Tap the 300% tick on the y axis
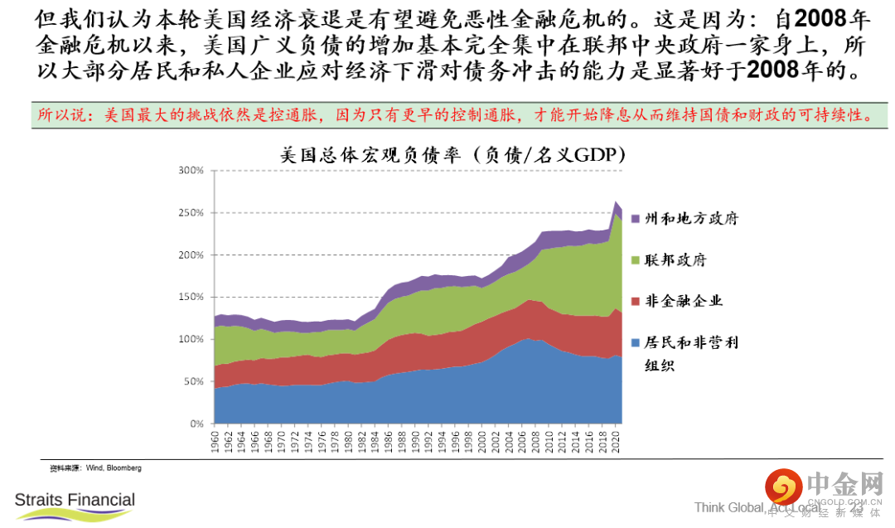(x=191, y=171)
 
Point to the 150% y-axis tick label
(x=191, y=297)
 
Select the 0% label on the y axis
(x=196, y=424)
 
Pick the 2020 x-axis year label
(x=616, y=441)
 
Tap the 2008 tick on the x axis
(x=536, y=441)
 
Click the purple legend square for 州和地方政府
(x=636, y=219)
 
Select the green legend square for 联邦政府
(x=636, y=260)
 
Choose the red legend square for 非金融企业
(x=636, y=301)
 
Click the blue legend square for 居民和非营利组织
(x=636, y=342)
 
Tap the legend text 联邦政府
(x=676, y=260)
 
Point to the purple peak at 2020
(x=617, y=204)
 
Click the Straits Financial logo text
(x=75, y=500)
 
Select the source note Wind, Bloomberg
(x=95, y=468)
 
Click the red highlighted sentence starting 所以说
(x=454, y=114)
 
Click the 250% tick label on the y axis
(x=191, y=213)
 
